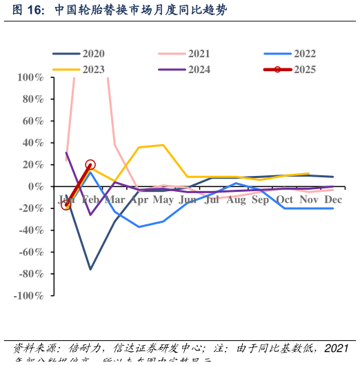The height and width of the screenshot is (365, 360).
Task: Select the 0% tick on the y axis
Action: (37, 186)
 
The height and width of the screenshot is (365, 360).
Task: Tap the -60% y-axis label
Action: (32, 252)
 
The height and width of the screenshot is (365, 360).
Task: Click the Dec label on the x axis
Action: (334, 200)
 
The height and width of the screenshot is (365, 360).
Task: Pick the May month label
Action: (163, 200)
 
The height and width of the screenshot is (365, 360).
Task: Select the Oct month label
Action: (285, 200)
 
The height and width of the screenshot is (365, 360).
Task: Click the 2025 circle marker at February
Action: (90, 165)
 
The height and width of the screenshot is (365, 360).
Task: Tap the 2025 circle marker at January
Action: (66, 205)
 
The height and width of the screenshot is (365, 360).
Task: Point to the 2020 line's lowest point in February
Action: (90, 269)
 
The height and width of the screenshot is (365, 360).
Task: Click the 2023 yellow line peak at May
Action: (163, 145)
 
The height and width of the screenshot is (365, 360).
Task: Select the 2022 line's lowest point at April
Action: (139, 227)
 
